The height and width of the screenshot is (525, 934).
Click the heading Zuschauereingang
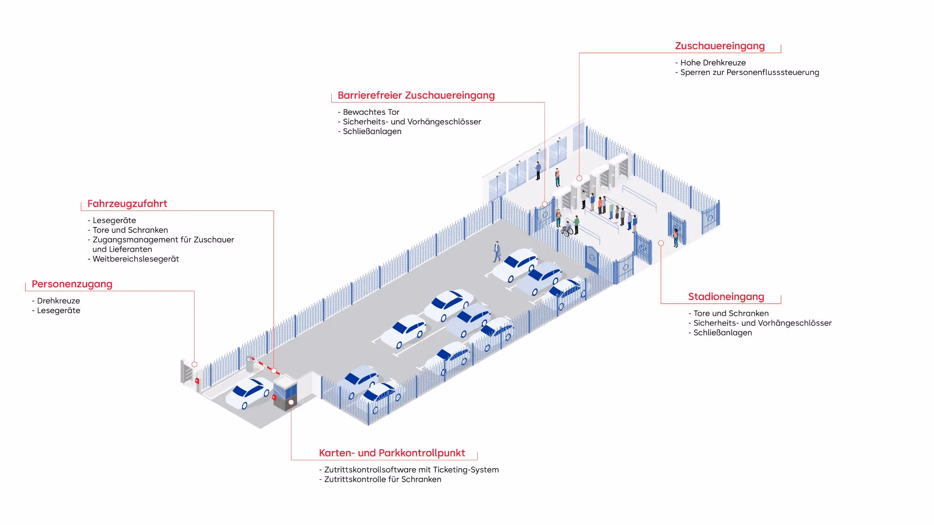[719, 46]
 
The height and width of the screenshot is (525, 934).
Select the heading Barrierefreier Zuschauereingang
[416, 96]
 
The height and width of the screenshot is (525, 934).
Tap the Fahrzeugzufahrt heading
[127, 204]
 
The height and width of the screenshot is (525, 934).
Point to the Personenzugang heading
[72, 284]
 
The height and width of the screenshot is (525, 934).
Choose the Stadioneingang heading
[726, 297]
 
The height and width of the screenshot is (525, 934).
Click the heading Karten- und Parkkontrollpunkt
[392, 453]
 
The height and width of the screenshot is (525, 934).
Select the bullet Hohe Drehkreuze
[713, 63]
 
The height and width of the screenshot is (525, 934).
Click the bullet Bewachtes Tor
[371, 112]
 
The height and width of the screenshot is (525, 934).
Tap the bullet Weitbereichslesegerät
[135, 259]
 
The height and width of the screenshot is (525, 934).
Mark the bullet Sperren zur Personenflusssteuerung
[749, 72]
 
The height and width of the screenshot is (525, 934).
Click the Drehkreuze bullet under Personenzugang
[58, 301]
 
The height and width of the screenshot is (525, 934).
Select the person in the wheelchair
[567, 228]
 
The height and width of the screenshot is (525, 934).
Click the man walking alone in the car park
[497, 251]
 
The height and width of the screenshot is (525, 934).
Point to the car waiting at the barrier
[249, 393]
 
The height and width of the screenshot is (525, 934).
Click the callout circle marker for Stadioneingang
[661, 243]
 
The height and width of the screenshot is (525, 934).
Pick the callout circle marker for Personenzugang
[195, 364]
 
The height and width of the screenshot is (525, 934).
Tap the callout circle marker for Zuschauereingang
[579, 178]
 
